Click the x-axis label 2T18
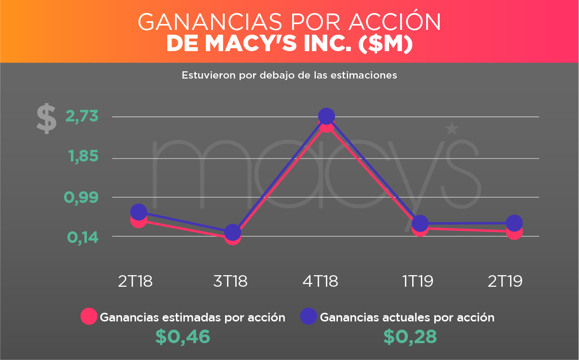click(x=135, y=281)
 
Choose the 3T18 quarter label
click(x=230, y=281)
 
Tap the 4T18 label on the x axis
click(x=320, y=281)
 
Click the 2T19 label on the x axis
click(x=505, y=281)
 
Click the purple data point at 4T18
click(x=326, y=116)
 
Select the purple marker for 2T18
click(x=138, y=212)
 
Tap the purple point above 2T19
click(x=514, y=223)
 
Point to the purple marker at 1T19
click(x=420, y=223)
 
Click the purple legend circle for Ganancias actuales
click(x=309, y=317)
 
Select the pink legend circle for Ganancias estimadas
click(x=89, y=317)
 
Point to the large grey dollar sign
click(x=46, y=119)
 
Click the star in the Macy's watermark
click(x=452, y=129)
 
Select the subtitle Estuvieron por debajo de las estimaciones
click(x=289, y=76)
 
